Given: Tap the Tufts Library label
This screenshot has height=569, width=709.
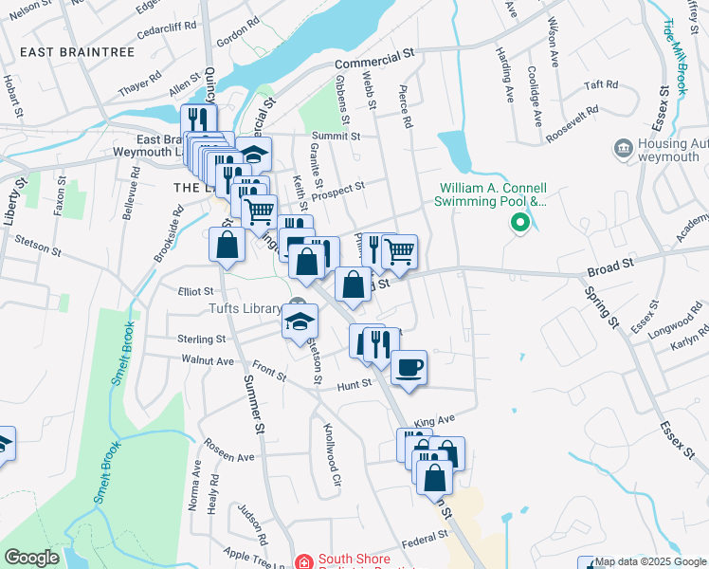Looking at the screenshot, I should [x=243, y=307].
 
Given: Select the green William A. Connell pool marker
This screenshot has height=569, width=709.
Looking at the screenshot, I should [x=519, y=224].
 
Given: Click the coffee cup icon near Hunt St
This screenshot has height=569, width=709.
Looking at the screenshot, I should [x=409, y=367].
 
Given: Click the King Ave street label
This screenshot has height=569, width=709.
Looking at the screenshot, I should [x=435, y=419].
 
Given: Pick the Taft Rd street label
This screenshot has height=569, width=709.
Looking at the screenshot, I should [x=601, y=84].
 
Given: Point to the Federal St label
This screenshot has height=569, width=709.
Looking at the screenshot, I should [x=424, y=537].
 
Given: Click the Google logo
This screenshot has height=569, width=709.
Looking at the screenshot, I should [x=31, y=558].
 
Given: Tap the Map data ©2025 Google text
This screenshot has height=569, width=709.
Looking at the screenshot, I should [x=650, y=561].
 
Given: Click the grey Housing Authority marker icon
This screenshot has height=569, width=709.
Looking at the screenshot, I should [x=624, y=147].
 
